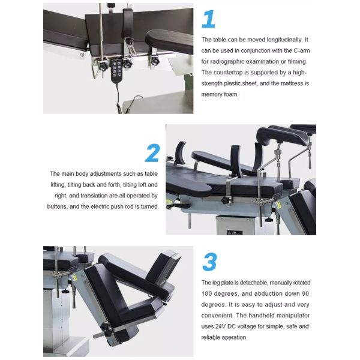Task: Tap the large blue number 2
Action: [x=152, y=153]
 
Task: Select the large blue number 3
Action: [x=209, y=262]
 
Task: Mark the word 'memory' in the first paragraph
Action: [x=212, y=95]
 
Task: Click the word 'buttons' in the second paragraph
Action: [x=60, y=206]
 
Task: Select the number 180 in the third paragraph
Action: [x=208, y=293]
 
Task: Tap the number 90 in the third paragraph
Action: [x=305, y=293]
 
